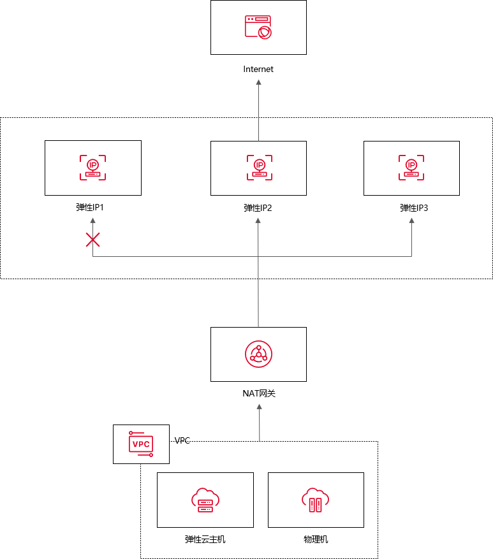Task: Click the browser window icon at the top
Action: pyautogui.click(x=258, y=27)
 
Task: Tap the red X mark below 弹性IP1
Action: pyautogui.click(x=93, y=240)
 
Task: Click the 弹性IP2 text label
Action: pyautogui.click(x=258, y=208)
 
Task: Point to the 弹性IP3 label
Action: pyautogui.click(x=411, y=208)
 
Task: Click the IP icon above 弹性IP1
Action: pyautogui.click(x=93, y=167)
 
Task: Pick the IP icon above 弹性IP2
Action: pyautogui.click(x=259, y=168)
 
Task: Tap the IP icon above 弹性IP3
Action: pyautogui.click(x=411, y=168)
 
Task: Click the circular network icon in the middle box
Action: pyautogui.click(x=258, y=354)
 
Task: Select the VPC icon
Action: pyautogui.click(x=141, y=444)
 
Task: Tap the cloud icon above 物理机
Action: pyautogui.click(x=316, y=500)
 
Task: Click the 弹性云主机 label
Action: pyautogui.click(x=205, y=539)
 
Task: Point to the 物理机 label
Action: pyautogui.click(x=316, y=539)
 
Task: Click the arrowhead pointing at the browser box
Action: pyautogui.click(x=258, y=82)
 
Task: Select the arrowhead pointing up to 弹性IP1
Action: pyautogui.click(x=93, y=221)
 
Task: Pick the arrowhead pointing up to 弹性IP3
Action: pyautogui.click(x=411, y=221)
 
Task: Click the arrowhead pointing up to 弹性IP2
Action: pyautogui.click(x=258, y=221)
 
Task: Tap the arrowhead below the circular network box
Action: pyautogui.click(x=259, y=406)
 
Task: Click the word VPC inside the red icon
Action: pyautogui.click(x=140, y=444)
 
